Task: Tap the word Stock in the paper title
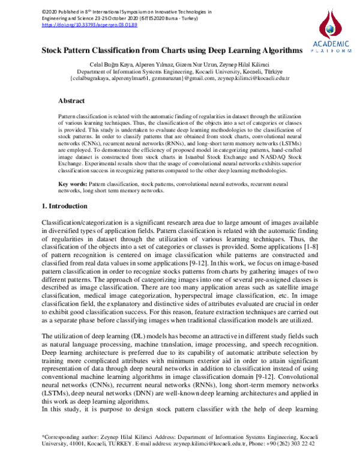(x=55, y=52)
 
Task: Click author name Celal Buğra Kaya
(x=109, y=64)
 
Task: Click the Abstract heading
(x=71, y=101)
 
